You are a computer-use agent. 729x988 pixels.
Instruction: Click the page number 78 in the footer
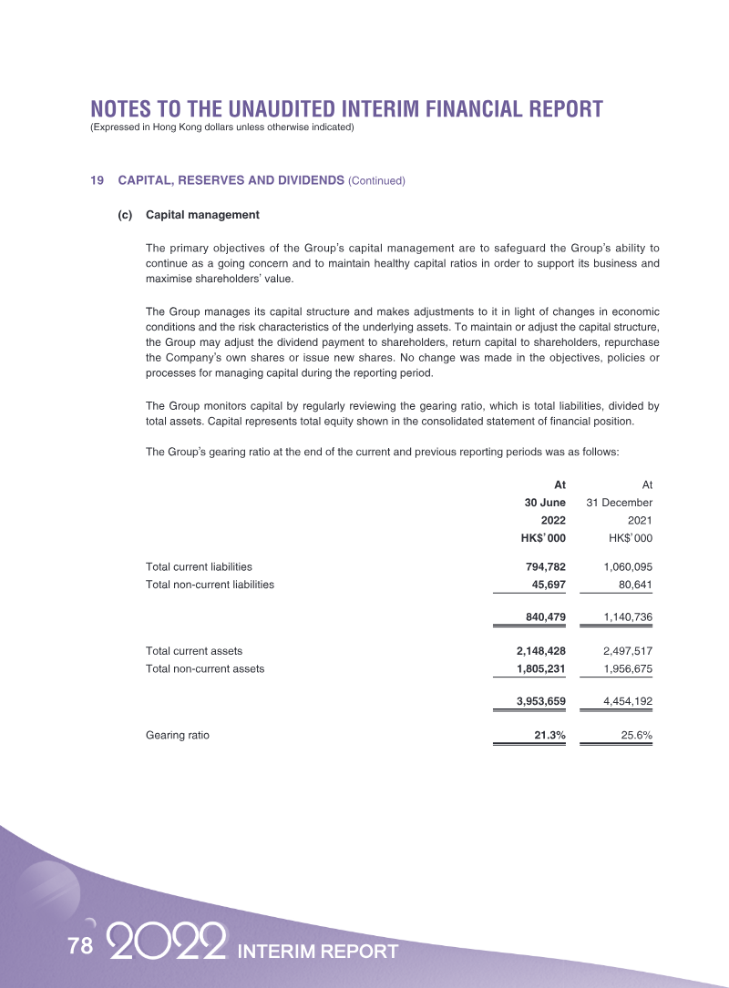click(80, 946)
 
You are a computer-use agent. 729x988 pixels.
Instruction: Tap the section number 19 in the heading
click(97, 180)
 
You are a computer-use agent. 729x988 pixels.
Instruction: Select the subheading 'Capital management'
click(202, 215)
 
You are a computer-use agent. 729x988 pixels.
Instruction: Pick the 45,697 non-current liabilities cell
click(545, 584)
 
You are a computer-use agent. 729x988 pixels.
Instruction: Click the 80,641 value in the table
click(631, 584)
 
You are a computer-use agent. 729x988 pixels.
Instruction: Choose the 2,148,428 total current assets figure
click(534, 651)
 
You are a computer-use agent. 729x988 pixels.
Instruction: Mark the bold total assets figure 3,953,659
click(534, 701)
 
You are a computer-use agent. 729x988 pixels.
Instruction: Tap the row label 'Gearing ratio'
click(178, 735)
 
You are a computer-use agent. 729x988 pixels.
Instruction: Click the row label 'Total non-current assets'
click(205, 668)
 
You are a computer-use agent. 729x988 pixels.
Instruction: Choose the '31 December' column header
click(619, 503)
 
